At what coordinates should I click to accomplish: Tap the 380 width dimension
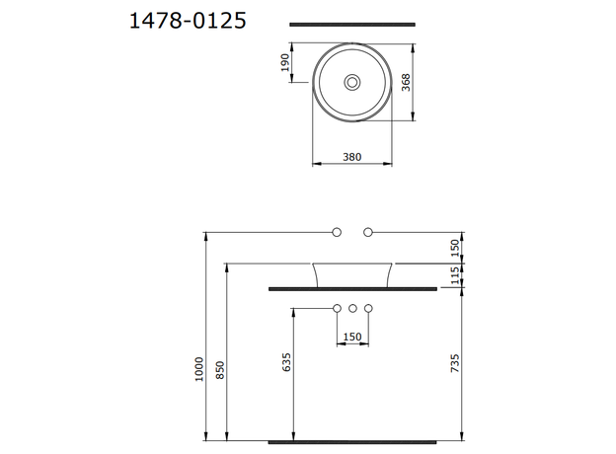352,155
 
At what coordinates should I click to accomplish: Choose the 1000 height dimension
199,368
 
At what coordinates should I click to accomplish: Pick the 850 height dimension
220,368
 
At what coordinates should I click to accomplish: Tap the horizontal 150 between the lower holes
351,336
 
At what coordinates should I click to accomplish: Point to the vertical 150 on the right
455,247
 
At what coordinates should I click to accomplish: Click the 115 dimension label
455,276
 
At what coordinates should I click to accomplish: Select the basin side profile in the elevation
353,274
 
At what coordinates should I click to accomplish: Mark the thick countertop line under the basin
353,289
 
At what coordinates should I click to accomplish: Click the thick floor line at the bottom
353,440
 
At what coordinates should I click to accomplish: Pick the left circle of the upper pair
337,232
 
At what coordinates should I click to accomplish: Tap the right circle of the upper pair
368,232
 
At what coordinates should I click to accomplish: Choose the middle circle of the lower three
352,309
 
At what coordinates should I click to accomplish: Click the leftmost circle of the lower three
337,309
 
